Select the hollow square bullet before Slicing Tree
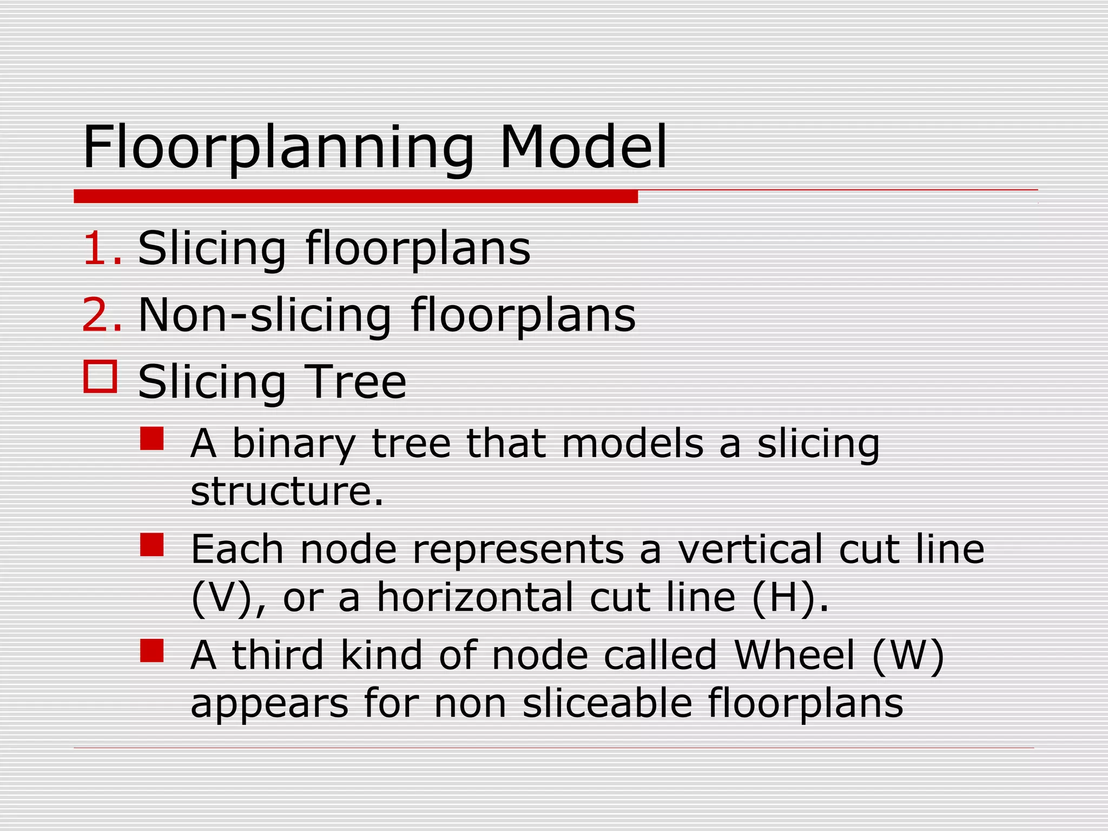(x=100, y=377)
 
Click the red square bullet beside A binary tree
(x=152, y=439)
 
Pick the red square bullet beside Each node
(x=152, y=545)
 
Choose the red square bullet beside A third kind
(x=152, y=651)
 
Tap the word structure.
(x=287, y=491)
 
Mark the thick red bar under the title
(x=355, y=196)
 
